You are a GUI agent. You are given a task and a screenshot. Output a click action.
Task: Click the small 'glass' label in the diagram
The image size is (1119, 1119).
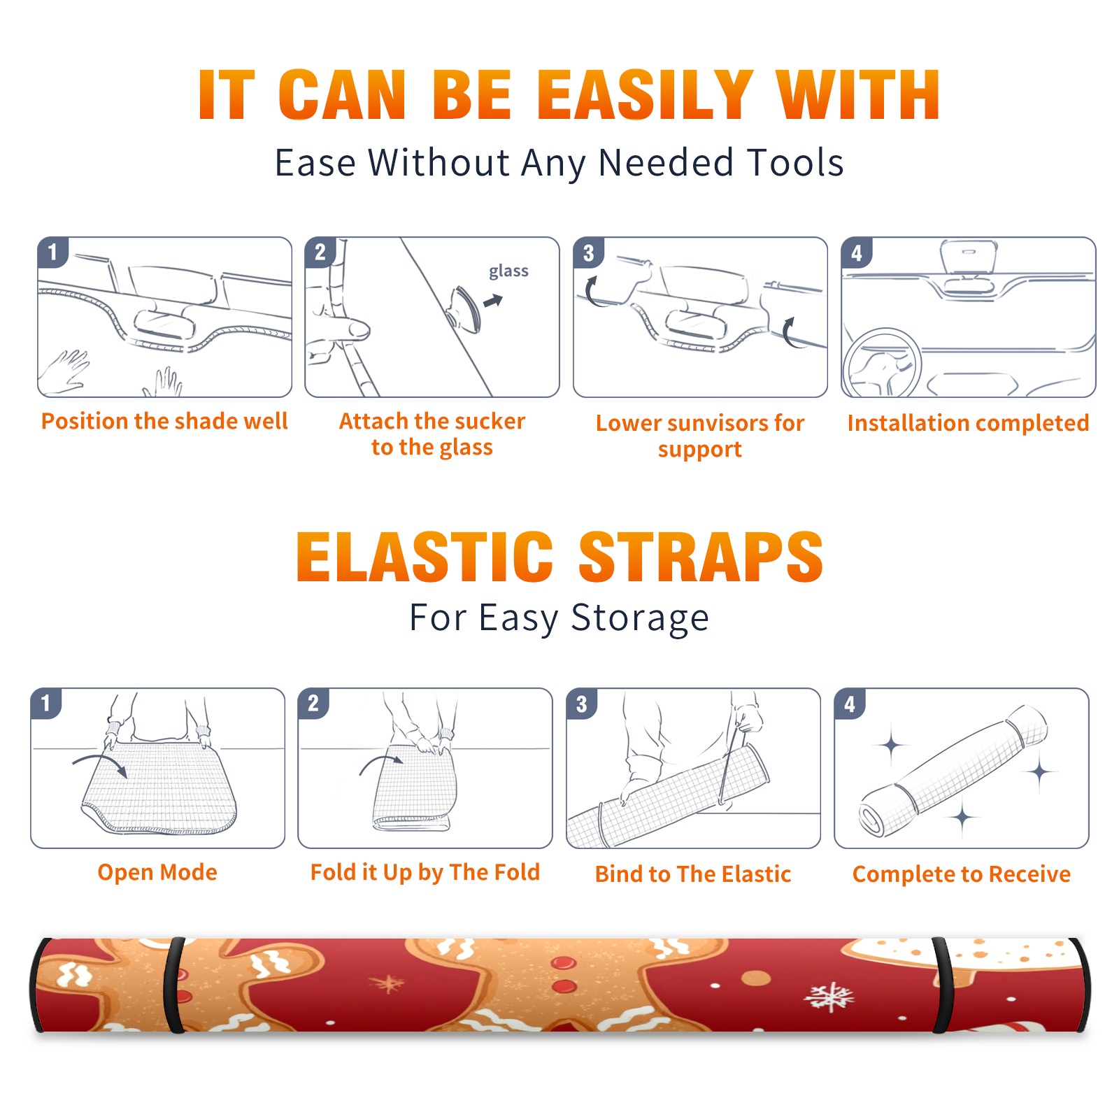tap(508, 271)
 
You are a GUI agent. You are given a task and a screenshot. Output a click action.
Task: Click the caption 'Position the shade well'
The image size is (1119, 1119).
tap(164, 421)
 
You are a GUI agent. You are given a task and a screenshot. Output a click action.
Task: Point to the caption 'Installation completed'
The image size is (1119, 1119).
tap(968, 422)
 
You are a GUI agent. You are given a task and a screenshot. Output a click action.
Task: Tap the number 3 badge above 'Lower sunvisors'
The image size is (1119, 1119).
tap(588, 252)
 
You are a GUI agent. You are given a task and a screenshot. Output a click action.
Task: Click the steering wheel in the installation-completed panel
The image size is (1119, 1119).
tap(882, 363)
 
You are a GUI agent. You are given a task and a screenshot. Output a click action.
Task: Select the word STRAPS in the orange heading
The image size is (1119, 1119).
tap(701, 557)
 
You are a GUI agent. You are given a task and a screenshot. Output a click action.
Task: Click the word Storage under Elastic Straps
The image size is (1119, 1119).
tap(640, 618)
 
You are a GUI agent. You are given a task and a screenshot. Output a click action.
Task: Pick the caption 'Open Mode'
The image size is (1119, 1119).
tap(157, 872)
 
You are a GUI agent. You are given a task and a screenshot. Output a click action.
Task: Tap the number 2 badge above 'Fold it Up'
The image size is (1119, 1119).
tap(313, 703)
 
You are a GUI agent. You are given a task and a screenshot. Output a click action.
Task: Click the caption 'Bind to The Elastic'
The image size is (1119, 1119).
tap(693, 874)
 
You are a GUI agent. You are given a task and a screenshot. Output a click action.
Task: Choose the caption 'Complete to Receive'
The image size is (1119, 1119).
tap(962, 874)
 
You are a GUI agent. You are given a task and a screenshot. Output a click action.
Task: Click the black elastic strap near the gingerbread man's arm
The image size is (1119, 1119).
tap(175, 985)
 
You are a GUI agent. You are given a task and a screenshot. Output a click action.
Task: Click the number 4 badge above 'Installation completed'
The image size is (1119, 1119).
tap(856, 252)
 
